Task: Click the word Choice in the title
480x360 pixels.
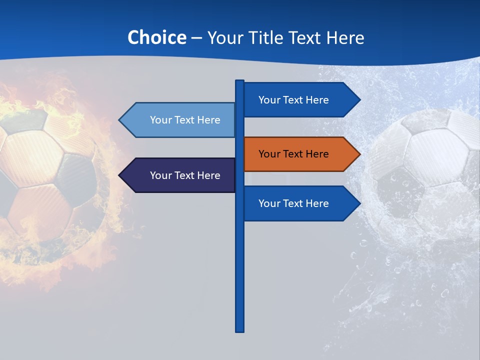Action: [156, 37]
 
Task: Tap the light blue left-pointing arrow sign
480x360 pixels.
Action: [180, 120]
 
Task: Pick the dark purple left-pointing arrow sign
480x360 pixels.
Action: [180, 175]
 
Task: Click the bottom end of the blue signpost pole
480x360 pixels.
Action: [239, 330]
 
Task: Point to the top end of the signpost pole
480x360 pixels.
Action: [239, 81]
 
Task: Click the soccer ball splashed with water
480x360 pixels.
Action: [430, 170]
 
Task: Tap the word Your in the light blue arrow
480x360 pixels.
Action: [161, 120]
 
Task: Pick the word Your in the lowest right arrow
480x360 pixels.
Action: [269, 203]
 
